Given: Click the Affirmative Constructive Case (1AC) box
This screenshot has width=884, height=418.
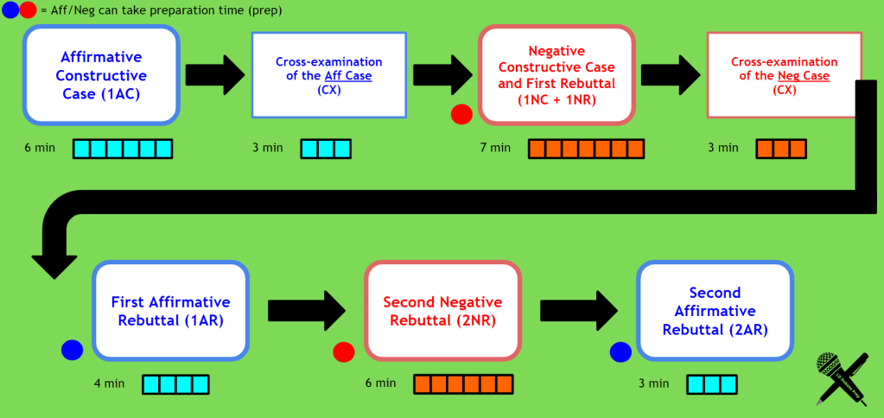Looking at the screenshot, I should (x=101, y=74).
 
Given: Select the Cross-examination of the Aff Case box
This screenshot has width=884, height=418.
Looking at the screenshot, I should (x=328, y=75).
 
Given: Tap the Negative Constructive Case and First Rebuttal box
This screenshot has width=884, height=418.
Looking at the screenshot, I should (x=557, y=75).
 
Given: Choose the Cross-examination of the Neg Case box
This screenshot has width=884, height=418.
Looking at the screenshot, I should (x=784, y=75).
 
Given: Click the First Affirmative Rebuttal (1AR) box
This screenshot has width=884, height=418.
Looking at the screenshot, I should (x=170, y=310).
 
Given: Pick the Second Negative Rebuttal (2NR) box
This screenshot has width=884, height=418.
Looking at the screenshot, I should (x=442, y=310).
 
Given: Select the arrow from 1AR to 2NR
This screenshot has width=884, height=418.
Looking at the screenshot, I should (x=307, y=310).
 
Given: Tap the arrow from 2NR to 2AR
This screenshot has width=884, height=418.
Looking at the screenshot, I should (x=579, y=310).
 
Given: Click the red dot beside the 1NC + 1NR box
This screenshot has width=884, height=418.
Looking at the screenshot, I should (x=461, y=113).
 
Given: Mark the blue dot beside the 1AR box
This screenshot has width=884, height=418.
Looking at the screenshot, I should (x=72, y=349).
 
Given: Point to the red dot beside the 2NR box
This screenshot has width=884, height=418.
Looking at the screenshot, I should (x=344, y=351).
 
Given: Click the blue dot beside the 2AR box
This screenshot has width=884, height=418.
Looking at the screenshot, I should (x=620, y=351).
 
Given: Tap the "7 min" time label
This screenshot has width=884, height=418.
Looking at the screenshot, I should (x=495, y=149).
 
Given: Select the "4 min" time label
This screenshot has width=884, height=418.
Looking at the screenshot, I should (x=110, y=383).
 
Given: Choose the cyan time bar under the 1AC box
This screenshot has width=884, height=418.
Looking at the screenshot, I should (x=122, y=149).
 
